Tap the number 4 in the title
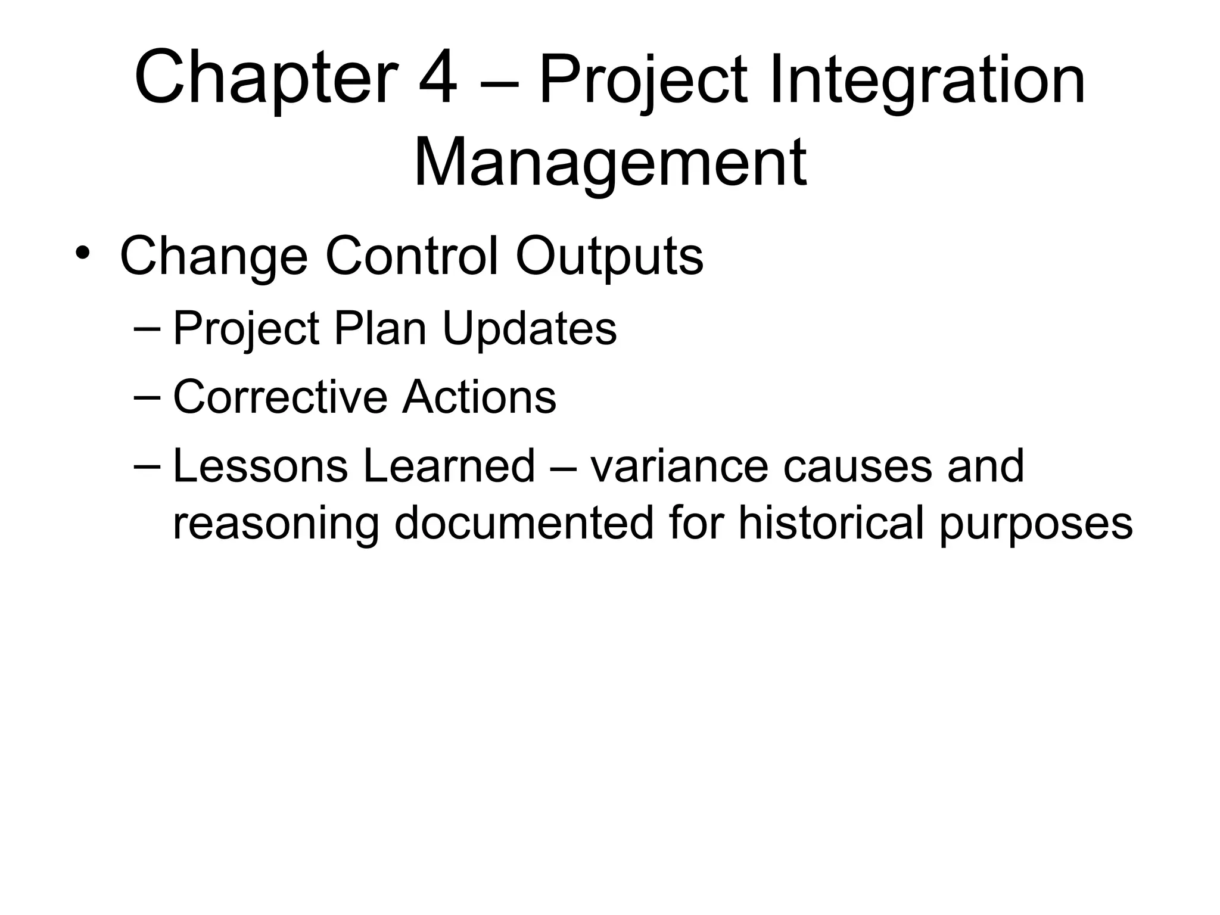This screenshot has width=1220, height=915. coord(438,79)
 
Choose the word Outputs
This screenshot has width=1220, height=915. coord(609,257)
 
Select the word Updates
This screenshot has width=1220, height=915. coord(529,329)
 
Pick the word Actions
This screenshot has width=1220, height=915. coord(479,397)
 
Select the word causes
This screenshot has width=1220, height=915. coord(857,466)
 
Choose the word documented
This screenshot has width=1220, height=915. coord(524,522)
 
